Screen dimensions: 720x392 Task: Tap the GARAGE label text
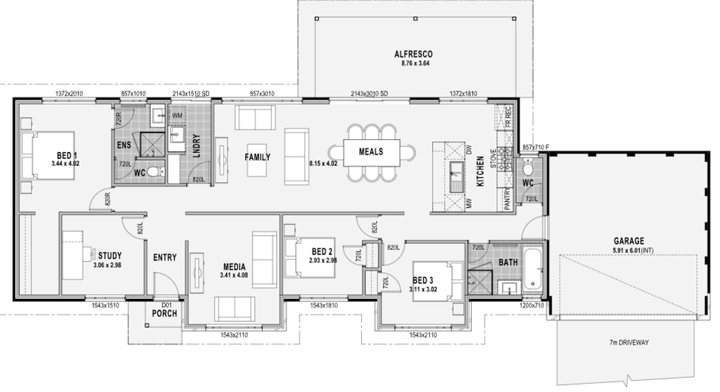[629, 241]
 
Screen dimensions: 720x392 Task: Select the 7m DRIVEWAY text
[629, 343]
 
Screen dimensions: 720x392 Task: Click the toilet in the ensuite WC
[156, 172]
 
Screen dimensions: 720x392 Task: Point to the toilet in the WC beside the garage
[527, 167]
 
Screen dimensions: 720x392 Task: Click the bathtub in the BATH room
[533, 269]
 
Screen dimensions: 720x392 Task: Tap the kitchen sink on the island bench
[456, 177]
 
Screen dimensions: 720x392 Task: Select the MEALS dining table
[371, 152]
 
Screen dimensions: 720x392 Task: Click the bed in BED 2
[310, 258]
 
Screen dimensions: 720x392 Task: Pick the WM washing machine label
[177, 115]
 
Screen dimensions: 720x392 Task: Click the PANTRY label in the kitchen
[507, 199]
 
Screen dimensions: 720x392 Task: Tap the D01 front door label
[166, 305]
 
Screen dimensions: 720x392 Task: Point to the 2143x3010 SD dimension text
[369, 94]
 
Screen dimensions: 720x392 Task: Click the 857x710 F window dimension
[535, 147]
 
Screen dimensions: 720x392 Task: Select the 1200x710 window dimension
[532, 305]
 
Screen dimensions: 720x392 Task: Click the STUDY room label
[110, 256]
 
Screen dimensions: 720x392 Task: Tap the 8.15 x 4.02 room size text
[323, 163]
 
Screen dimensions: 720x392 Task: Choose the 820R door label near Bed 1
[107, 199]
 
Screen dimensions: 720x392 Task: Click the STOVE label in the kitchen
[493, 158]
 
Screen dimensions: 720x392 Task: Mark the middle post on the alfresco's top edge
[415, 19]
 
